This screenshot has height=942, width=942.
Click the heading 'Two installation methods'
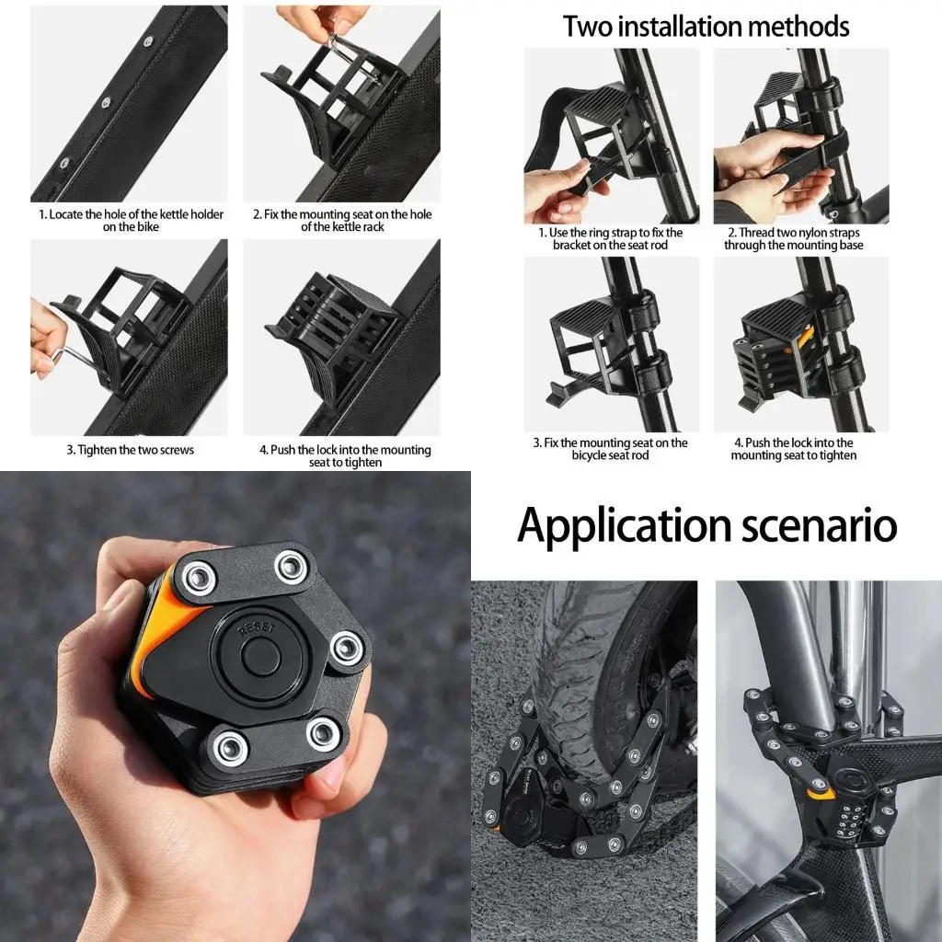706,26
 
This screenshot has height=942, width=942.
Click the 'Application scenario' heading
706,525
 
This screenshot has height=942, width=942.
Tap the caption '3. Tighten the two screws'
130,450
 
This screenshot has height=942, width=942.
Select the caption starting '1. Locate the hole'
130,221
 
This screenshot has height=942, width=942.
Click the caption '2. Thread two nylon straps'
793,239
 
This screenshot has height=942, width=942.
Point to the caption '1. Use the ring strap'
611,239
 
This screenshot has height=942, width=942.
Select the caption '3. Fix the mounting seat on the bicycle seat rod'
611,449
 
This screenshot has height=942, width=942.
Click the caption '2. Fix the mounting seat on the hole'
341,221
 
